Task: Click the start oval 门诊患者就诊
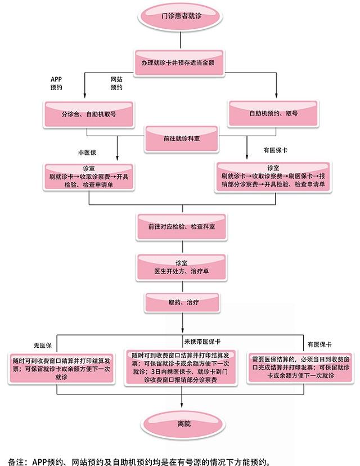180,19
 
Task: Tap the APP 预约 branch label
56,83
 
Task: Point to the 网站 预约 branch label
116,83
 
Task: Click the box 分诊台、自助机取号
89,114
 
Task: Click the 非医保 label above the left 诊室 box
87,153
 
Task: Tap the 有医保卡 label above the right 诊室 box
276,150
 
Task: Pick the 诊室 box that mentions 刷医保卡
273,176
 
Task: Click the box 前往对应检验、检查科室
180,226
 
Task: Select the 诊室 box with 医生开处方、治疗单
181,267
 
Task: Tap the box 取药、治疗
180,302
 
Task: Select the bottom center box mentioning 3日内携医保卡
180,368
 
